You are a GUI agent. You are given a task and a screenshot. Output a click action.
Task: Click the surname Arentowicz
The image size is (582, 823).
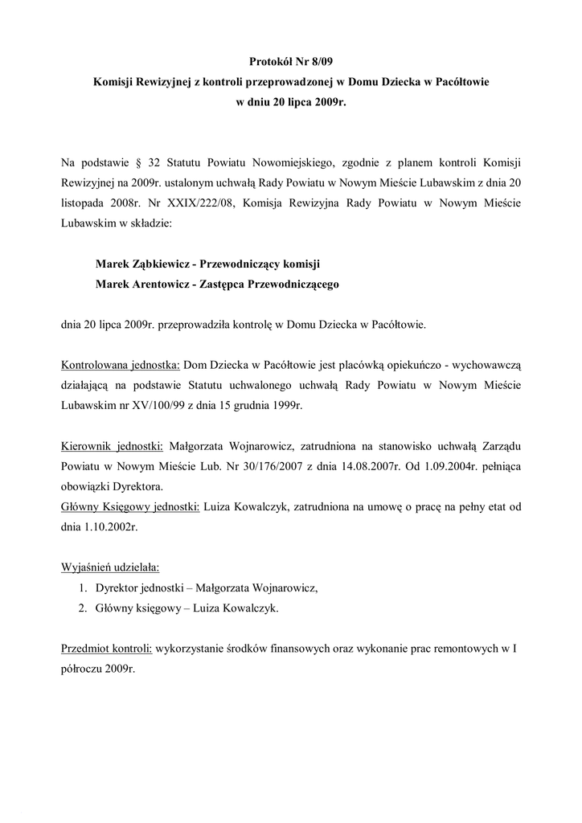160,285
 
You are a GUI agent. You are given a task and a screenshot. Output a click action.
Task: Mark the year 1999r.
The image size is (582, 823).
285,405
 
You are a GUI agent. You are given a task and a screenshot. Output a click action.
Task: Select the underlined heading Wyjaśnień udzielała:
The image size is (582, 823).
110,567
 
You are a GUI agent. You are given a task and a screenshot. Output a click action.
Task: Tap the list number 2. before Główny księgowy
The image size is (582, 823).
83,608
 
